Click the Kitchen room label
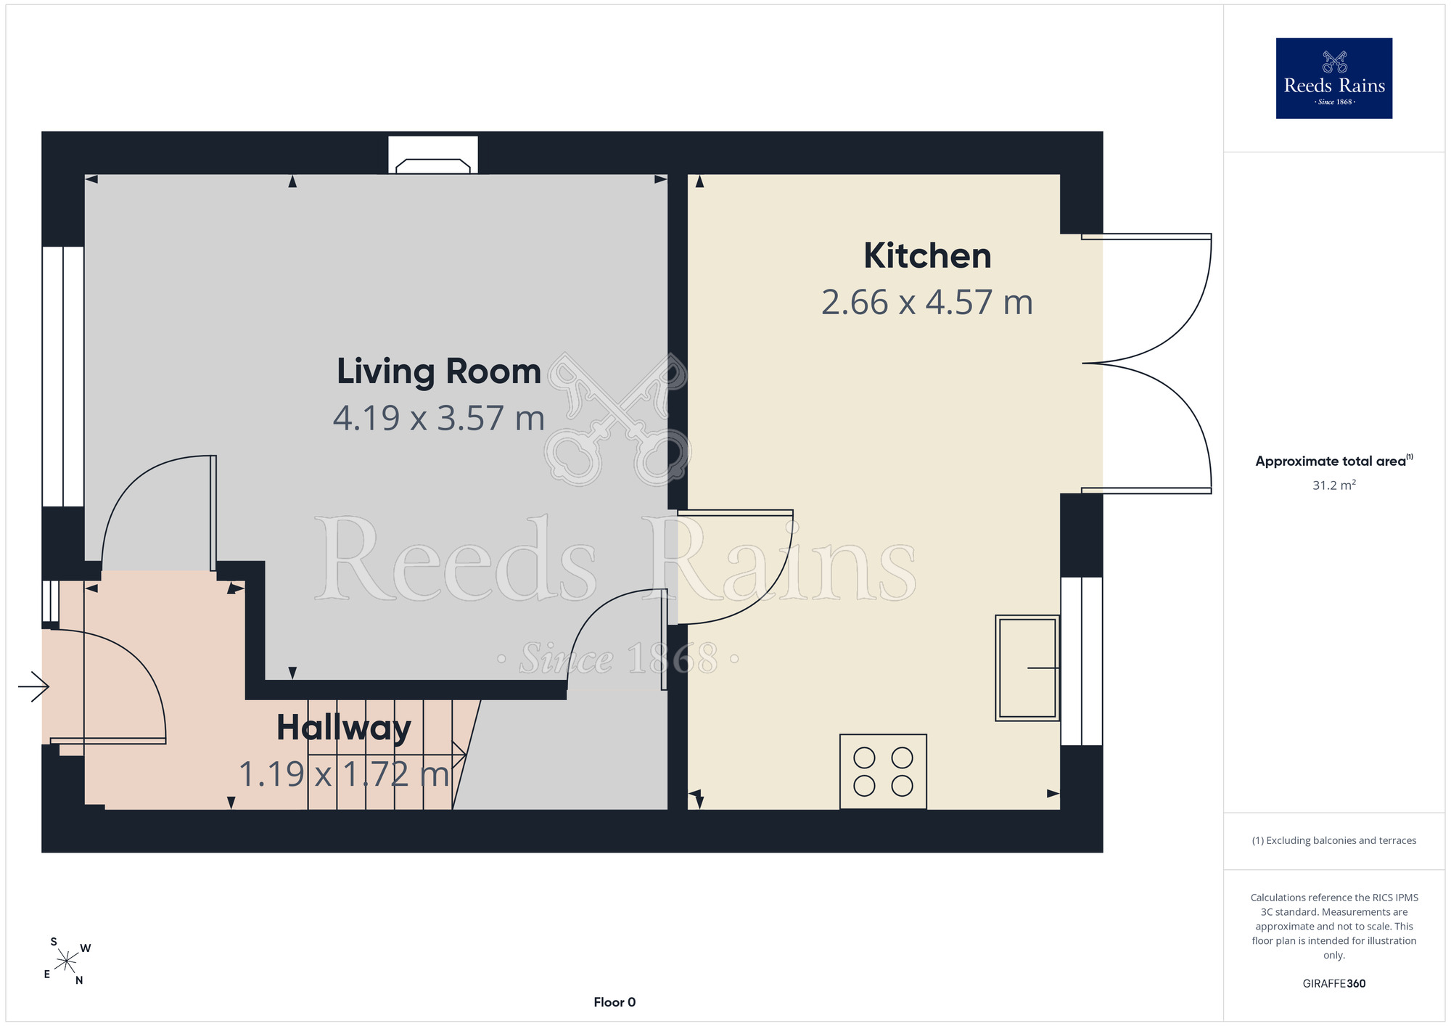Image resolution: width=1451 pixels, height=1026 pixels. (x=927, y=256)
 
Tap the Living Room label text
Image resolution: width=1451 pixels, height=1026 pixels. (x=439, y=372)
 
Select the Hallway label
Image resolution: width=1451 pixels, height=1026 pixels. (x=344, y=728)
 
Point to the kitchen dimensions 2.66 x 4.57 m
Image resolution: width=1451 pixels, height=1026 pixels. (x=927, y=303)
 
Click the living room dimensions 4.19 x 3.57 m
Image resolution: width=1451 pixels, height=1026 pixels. (x=439, y=419)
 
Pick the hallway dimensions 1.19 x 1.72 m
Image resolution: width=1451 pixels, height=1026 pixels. (x=345, y=774)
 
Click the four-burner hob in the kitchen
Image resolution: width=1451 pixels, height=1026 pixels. (x=883, y=771)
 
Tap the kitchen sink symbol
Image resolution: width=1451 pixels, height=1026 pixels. (x=1027, y=668)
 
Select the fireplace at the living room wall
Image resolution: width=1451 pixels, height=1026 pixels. (x=433, y=155)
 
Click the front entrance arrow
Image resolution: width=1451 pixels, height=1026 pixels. (x=33, y=686)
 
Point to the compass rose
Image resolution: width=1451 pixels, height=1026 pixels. (x=67, y=961)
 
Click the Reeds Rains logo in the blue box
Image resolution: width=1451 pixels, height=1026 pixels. (x=1333, y=78)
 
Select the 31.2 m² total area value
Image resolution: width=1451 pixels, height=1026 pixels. (x=1333, y=485)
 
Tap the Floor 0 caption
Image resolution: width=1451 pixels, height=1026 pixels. (x=614, y=1002)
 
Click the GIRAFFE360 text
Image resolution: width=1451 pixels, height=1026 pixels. (x=1333, y=984)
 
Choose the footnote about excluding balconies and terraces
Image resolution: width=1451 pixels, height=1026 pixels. (x=1333, y=840)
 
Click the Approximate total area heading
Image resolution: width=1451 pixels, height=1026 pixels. (x=1333, y=461)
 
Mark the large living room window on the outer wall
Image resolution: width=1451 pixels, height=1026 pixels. (x=63, y=377)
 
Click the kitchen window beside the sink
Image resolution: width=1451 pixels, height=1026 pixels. (x=1082, y=661)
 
